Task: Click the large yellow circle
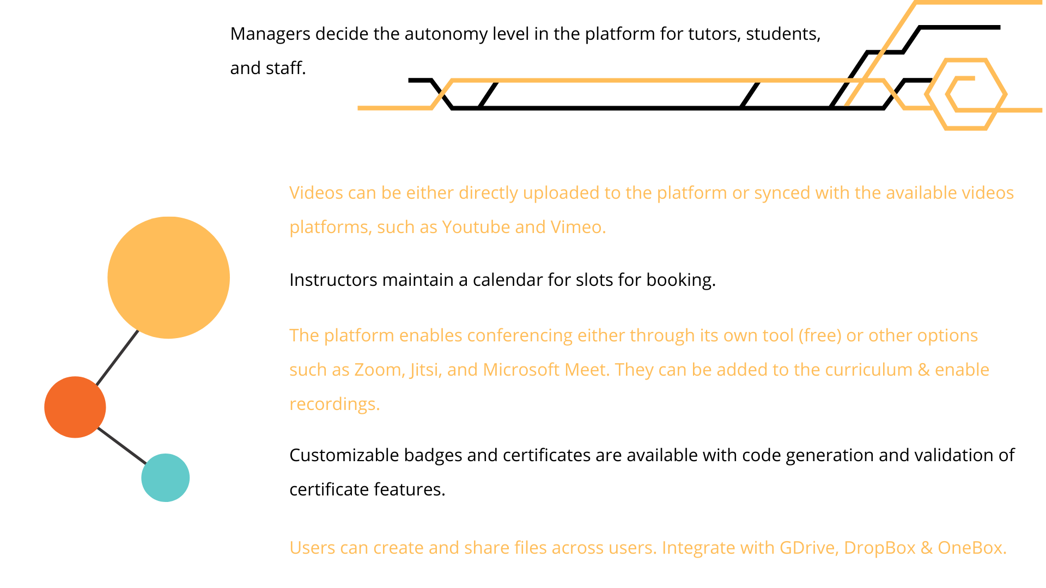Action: (168, 278)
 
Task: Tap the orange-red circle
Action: (75, 407)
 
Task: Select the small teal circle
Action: (166, 477)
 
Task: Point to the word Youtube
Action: (476, 227)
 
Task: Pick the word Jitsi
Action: (426, 370)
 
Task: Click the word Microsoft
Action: (521, 370)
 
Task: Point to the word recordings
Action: (335, 405)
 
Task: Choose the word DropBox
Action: (880, 548)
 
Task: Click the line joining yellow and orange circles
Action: (117, 358)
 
